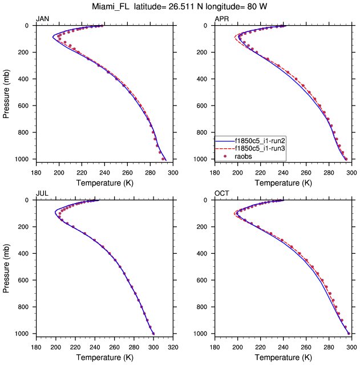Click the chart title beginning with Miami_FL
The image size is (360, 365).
point(179,7)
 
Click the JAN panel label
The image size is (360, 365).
point(43,19)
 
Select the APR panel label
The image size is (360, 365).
point(221,19)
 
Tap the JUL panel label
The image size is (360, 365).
point(42,194)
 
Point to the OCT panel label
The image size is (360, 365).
point(222,194)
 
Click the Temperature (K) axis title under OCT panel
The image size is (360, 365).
point(283,357)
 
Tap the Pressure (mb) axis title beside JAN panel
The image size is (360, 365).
point(7,92)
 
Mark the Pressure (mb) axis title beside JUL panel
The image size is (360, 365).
point(7,267)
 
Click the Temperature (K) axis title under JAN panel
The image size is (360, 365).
point(104,182)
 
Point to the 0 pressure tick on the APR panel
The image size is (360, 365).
point(208,26)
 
